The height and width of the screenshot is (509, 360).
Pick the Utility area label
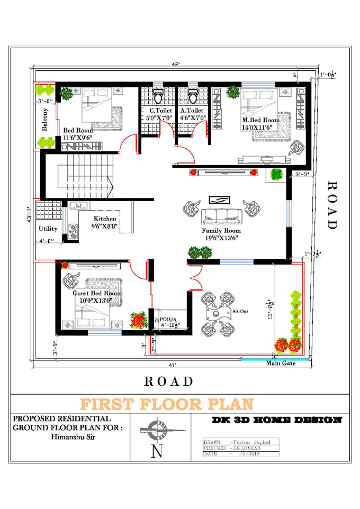pos(48,229)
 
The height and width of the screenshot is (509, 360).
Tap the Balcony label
pos(46,119)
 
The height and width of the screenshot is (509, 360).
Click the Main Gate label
pos(280,363)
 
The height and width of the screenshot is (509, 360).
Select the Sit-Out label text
pos(240,312)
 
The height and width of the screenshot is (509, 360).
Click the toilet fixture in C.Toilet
pos(157,96)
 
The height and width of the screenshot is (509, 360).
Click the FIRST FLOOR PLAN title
pos(167,404)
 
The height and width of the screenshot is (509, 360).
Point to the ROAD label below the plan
pos(169,381)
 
